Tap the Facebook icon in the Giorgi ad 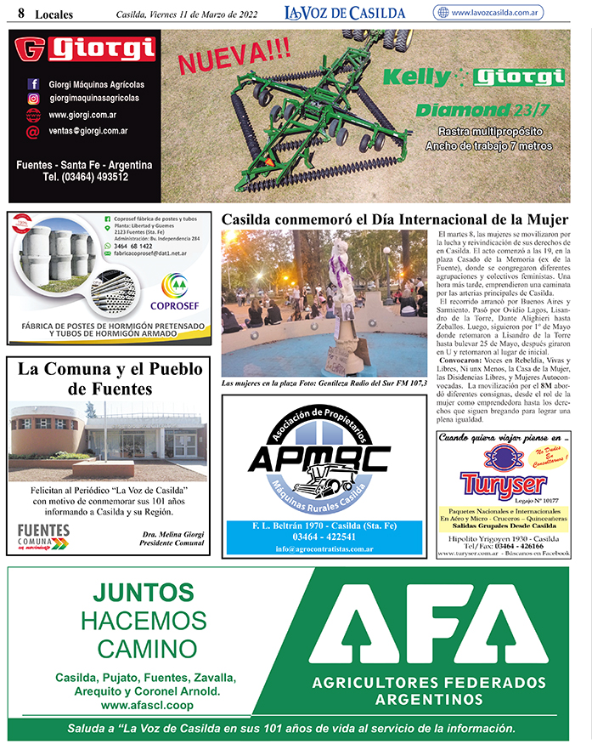pos(34,84)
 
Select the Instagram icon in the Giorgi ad pos(34,99)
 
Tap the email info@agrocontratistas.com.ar pos(312,549)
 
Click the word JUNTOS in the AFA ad pos(143,594)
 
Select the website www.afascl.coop pos(144,705)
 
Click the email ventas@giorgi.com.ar pos(88,131)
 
